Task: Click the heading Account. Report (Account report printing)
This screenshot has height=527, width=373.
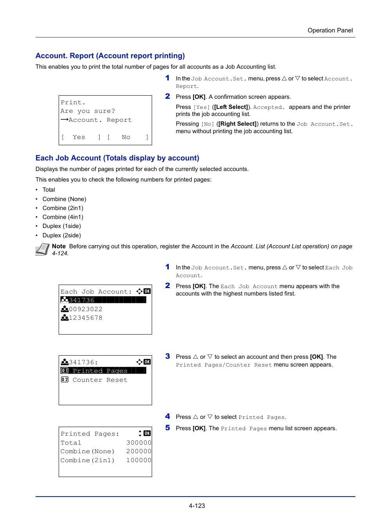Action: coord(110,56)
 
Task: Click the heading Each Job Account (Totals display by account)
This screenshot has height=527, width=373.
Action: coord(117,158)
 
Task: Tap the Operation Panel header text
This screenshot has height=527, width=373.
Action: coord(330,30)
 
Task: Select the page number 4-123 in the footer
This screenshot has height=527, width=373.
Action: coord(197,506)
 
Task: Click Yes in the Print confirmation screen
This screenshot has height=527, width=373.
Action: coord(79,137)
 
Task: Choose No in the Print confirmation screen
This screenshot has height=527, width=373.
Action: coord(126,137)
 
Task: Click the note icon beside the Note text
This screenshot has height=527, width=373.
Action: coord(42,249)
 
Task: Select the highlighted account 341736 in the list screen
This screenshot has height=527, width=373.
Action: coord(82,300)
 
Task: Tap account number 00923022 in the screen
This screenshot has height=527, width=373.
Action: coord(86,309)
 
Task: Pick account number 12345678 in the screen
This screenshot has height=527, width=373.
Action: coord(86,318)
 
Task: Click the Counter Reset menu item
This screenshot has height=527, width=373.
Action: coord(100,380)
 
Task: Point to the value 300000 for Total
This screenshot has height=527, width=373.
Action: coord(138,443)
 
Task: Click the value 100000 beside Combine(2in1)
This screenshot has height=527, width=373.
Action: coord(138,461)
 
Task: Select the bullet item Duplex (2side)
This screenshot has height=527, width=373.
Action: coord(62,235)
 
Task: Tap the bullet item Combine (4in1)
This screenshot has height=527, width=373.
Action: coord(63,217)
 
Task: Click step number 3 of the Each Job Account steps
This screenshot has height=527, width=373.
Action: coord(167,356)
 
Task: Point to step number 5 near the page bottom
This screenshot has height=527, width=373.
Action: coord(167,428)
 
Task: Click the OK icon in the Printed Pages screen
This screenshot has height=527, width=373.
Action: coord(147,433)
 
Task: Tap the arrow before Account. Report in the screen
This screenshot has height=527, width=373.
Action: coord(65,120)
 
